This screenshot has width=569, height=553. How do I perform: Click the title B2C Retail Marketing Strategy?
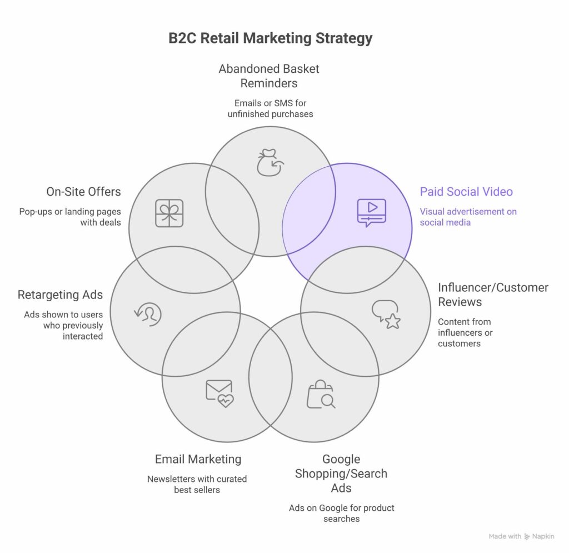click(x=270, y=38)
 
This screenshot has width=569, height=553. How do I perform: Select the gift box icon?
click(x=169, y=213)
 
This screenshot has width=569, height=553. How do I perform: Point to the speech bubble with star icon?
click(x=386, y=314)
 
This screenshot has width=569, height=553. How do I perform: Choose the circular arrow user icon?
click(x=148, y=313)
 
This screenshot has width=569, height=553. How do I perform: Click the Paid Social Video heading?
click(x=466, y=192)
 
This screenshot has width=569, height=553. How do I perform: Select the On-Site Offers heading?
click(x=83, y=192)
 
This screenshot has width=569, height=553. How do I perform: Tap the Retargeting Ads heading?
click(x=60, y=295)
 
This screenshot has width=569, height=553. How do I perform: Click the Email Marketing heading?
click(x=198, y=459)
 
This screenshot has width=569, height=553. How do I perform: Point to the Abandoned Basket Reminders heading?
click(x=269, y=76)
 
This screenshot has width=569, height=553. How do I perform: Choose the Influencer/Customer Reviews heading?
click(x=492, y=295)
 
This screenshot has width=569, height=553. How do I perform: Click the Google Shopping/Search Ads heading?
click(x=341, y=474)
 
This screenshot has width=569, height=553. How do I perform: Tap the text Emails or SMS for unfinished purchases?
click(x=270, y=108)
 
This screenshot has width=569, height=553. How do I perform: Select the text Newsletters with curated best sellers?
click(x=197, y=484)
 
